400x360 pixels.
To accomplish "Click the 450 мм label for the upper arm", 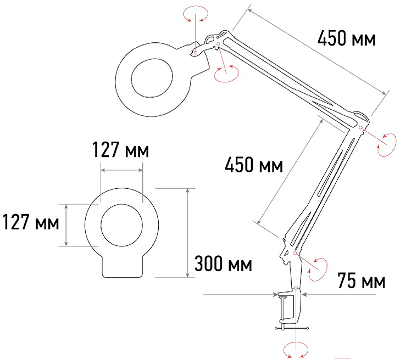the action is [346, 39].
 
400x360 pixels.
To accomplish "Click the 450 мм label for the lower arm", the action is [254, 165].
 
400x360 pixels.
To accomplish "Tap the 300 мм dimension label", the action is [223, 264].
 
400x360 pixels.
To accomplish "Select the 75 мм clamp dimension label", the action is [362, 281].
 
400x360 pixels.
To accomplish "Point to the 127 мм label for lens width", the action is [120, 150].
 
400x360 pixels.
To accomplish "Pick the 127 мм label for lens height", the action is [31, 222].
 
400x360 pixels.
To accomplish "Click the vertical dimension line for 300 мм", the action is [188, 233].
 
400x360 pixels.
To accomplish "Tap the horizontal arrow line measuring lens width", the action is [121, 170].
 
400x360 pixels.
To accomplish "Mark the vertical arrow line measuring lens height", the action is [66, 225].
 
